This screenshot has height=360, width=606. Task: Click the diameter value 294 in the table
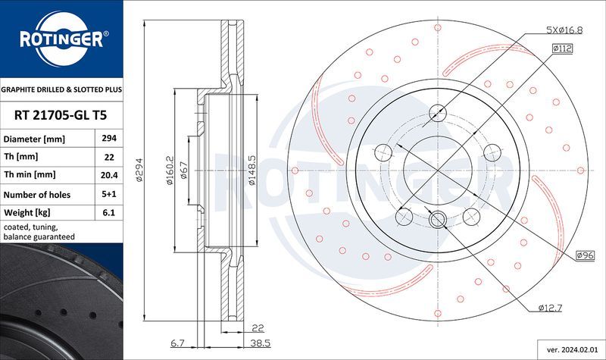click(107, 139)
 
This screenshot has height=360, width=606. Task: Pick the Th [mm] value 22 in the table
click(107, 158)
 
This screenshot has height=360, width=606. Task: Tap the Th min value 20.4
click(107, 175)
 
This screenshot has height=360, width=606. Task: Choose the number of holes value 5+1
click(107, 194)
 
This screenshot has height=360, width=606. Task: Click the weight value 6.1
click(107, 213)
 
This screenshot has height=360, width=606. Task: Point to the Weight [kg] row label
click(27, 213)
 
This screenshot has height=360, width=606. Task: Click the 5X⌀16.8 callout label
click(564, 30)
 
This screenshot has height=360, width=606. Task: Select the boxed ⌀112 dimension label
click(561, 49)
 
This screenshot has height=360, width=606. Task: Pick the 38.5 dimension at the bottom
click(261, 343)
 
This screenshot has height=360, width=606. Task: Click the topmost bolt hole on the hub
click(438, 114)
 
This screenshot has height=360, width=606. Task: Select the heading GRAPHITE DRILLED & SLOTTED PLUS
click(61, 89)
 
